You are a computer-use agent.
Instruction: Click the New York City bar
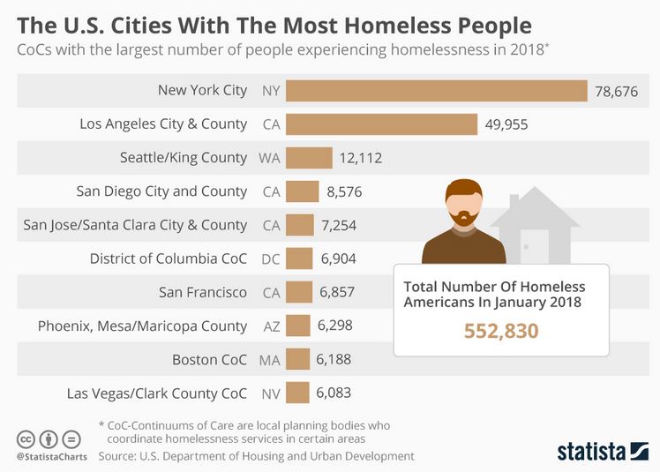tap(437, 91)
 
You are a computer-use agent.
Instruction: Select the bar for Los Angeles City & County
tap(381, 124)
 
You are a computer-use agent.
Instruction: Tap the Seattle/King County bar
tap(309, 158)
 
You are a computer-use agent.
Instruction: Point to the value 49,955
tap(506, 124)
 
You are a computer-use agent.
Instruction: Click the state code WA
tap(269, 158)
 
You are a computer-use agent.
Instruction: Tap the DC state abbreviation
tap(270, 258)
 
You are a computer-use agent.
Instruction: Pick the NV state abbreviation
tap(270, 393)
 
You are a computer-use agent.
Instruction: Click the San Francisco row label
tap(203, 292)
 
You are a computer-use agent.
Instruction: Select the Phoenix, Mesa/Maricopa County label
tap(142, 326)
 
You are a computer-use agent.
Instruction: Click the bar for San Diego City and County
tap(303, 191)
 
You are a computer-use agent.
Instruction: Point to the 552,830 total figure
tap(501, 331)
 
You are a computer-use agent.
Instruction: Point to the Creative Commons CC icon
tap(26, 438)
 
